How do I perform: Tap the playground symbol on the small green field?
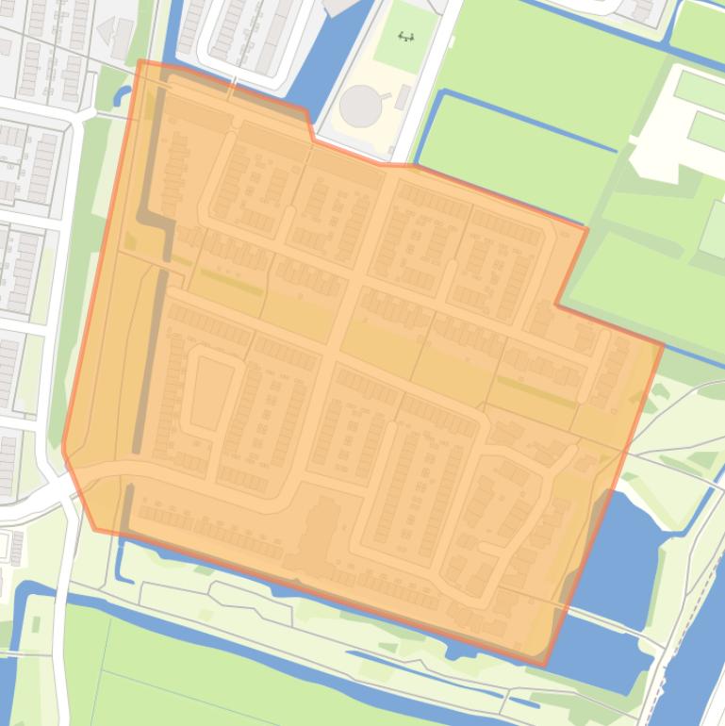tap(406, 38)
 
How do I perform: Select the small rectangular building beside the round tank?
tap(403, 96)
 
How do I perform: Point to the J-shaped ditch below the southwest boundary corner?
tap(121, 566)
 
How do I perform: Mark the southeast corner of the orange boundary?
tap(544, 664)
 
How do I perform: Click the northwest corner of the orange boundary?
tap(140, 62)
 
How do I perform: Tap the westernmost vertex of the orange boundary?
tap(63, 450)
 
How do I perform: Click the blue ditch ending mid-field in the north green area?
tap(528, 122)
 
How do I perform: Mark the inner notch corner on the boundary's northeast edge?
tap(556, 304)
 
